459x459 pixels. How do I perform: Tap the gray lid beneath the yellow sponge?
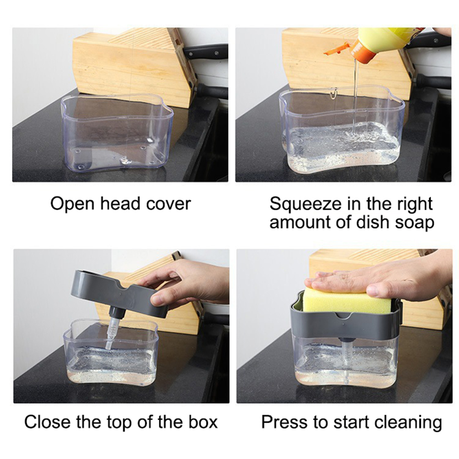pyautogui.click(x=344, y=326)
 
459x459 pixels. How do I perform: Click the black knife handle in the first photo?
pyautogui.click(x=207, y=50)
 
